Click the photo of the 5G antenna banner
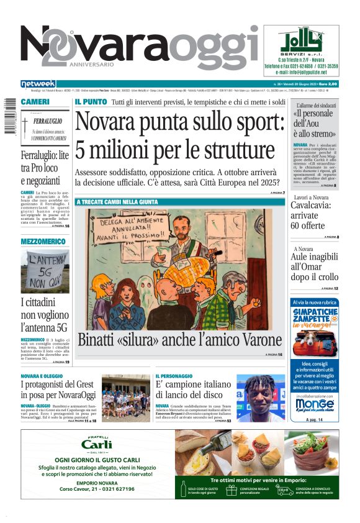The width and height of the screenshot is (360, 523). (45, 271)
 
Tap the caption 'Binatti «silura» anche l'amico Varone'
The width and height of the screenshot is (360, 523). (179, 340)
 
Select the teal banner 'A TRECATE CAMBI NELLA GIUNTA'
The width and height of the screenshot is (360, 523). (117, 202)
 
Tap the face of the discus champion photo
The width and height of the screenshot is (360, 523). (259, 386)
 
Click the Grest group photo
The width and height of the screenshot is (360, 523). (125, 398)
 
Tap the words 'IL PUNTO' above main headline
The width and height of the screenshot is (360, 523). (91, 102)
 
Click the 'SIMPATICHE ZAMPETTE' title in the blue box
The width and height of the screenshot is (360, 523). (314, 315)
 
